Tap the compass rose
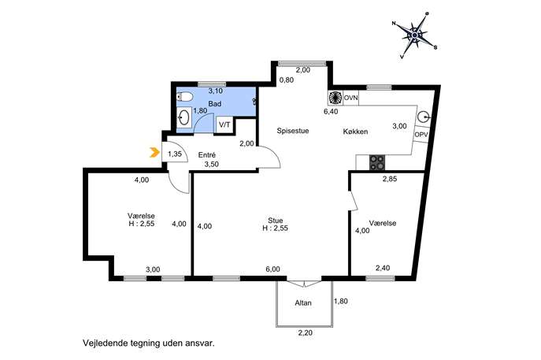click(x=415, y=35)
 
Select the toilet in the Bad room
click(x=184, y=96)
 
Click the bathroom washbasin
click(x=184, y=117)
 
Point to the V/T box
click(x=224, y=124)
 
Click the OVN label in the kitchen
click(x=351, y=98)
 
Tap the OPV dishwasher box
click(x=421, y=135)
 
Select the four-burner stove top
click(x=377, y=162)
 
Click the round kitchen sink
click(x=424, y=117)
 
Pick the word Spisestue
click(x=293, y=131)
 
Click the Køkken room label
click(x=355, y=132)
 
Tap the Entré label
click(x=207, y=155)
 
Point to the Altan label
click(x=303, y=302)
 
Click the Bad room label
click(x=215, y=103)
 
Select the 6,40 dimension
click(x=331, y=112)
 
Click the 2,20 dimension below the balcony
click(x=305, y=333)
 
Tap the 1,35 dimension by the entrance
click(x=175, y=154)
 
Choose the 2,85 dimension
click(x=390, y=179)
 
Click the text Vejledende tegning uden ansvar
click(x=148, y=343)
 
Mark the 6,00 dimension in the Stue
click(x=273, y=269)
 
